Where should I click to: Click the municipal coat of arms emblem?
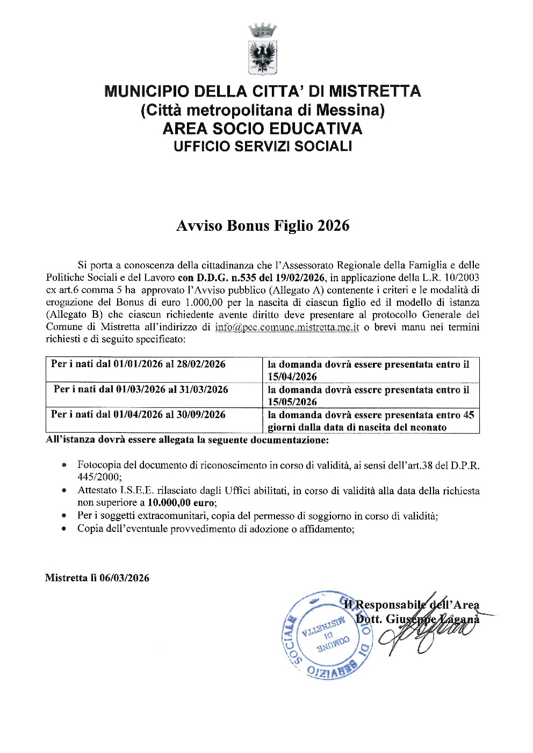click(263, 49)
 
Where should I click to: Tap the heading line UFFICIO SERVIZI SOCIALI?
click(263, 146)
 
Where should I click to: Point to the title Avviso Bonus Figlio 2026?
click(263, 225)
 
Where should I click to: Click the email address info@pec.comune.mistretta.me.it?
click(287, 327)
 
